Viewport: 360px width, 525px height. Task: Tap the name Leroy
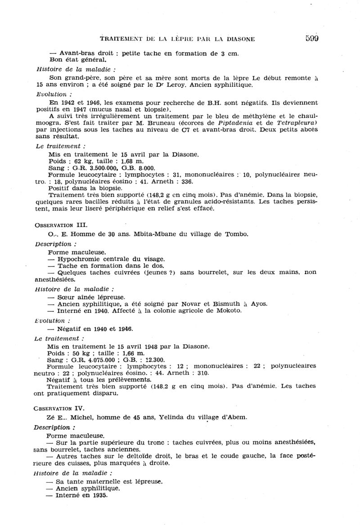click(x=193, y=85)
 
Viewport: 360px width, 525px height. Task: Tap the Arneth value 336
click(x=186, y=181)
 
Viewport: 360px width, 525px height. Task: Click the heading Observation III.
click(x=61, y=225)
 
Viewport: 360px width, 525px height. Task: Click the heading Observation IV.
click(x=59, y=408)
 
